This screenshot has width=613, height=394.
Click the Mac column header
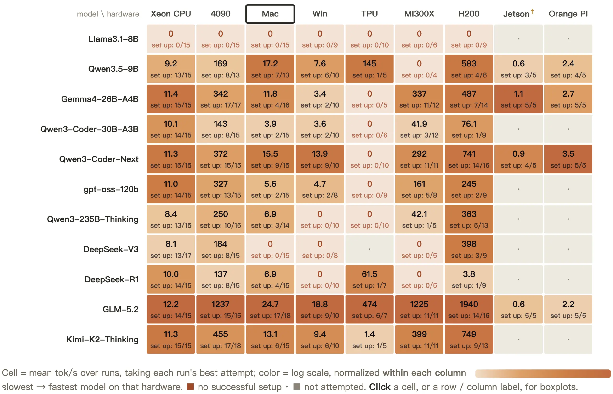point(270,14)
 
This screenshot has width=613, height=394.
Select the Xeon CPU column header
point(170,14)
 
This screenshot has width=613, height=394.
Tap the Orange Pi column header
point(568,14)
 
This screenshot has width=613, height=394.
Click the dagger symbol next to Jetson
point(532,11)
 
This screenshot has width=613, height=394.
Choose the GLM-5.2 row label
point(120,309)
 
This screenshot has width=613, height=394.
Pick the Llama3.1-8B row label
point(113,39)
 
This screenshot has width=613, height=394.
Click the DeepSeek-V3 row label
point(111,249)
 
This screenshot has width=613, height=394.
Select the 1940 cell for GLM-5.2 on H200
point(469,309)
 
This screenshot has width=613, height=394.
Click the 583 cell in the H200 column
point(469,69)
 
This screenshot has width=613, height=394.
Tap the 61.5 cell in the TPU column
point(369,279)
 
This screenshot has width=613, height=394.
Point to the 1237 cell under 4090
point(220,309)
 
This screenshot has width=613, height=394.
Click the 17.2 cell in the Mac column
point(270,69)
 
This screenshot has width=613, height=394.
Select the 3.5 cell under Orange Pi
point(568,159)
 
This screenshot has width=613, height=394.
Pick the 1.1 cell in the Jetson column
point(518,99)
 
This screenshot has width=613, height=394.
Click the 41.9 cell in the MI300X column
point(419,129)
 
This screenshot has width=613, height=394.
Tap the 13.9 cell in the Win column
point(320,159)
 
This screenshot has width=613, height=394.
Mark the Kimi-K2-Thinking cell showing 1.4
point(369,339)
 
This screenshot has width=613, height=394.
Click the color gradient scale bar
point(543,373)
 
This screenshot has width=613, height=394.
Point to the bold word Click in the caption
point(380,387)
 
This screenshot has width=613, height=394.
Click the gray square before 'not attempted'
point(296,387)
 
